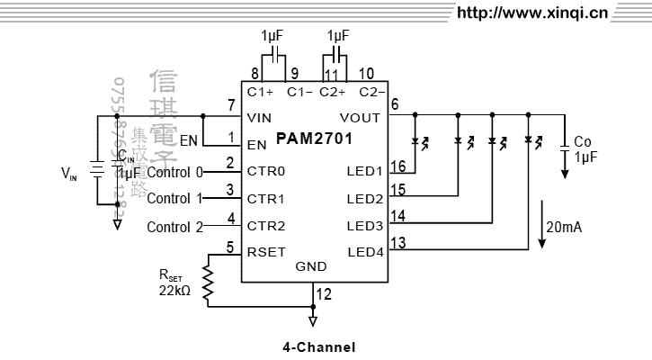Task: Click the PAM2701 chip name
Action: [315, 139]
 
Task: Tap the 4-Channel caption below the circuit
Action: [319, 346]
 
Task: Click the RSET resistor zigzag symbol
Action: [208, 282]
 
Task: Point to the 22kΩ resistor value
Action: [174, 291]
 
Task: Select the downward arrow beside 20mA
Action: [542, 225]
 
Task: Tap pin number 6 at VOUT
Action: [393, 103]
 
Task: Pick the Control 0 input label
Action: [174, 172]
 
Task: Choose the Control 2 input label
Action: [174, 227]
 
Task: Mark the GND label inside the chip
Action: [311, 266]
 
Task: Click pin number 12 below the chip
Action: [324, 293]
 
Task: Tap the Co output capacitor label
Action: [583, 142]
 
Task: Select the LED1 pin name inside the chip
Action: [364, 171]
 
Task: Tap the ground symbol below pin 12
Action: [313, 319]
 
